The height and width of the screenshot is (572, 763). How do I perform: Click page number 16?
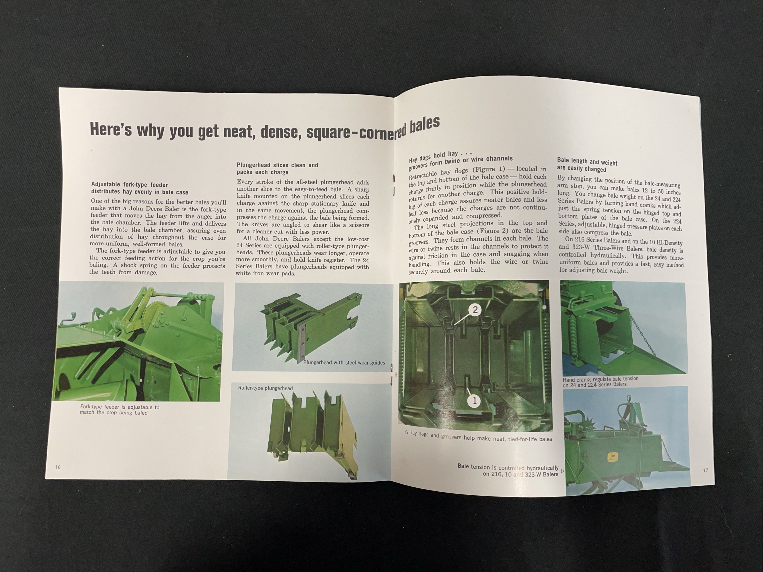tap(58, 467)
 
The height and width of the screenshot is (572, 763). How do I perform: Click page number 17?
tap(705, 470)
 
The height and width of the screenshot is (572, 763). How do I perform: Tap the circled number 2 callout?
tap(475, 310)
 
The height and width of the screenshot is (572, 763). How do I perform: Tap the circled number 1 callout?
tap(474, 401)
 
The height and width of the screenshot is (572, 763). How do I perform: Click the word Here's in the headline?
tap(111, 130)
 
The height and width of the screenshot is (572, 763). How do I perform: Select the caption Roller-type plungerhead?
tap(265, 388)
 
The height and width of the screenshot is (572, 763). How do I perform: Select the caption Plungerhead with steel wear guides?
tap(344, 362)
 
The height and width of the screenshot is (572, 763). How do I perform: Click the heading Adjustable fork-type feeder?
tap(129, 185)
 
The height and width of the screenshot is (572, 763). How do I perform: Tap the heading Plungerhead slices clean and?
tap(277, 165)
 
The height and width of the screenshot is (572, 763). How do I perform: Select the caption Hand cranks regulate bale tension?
tap(601, 379)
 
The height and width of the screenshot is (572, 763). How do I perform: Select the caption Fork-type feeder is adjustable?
tap(120, 407)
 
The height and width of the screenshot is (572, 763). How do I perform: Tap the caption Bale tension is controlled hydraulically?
tap(508, 468)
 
